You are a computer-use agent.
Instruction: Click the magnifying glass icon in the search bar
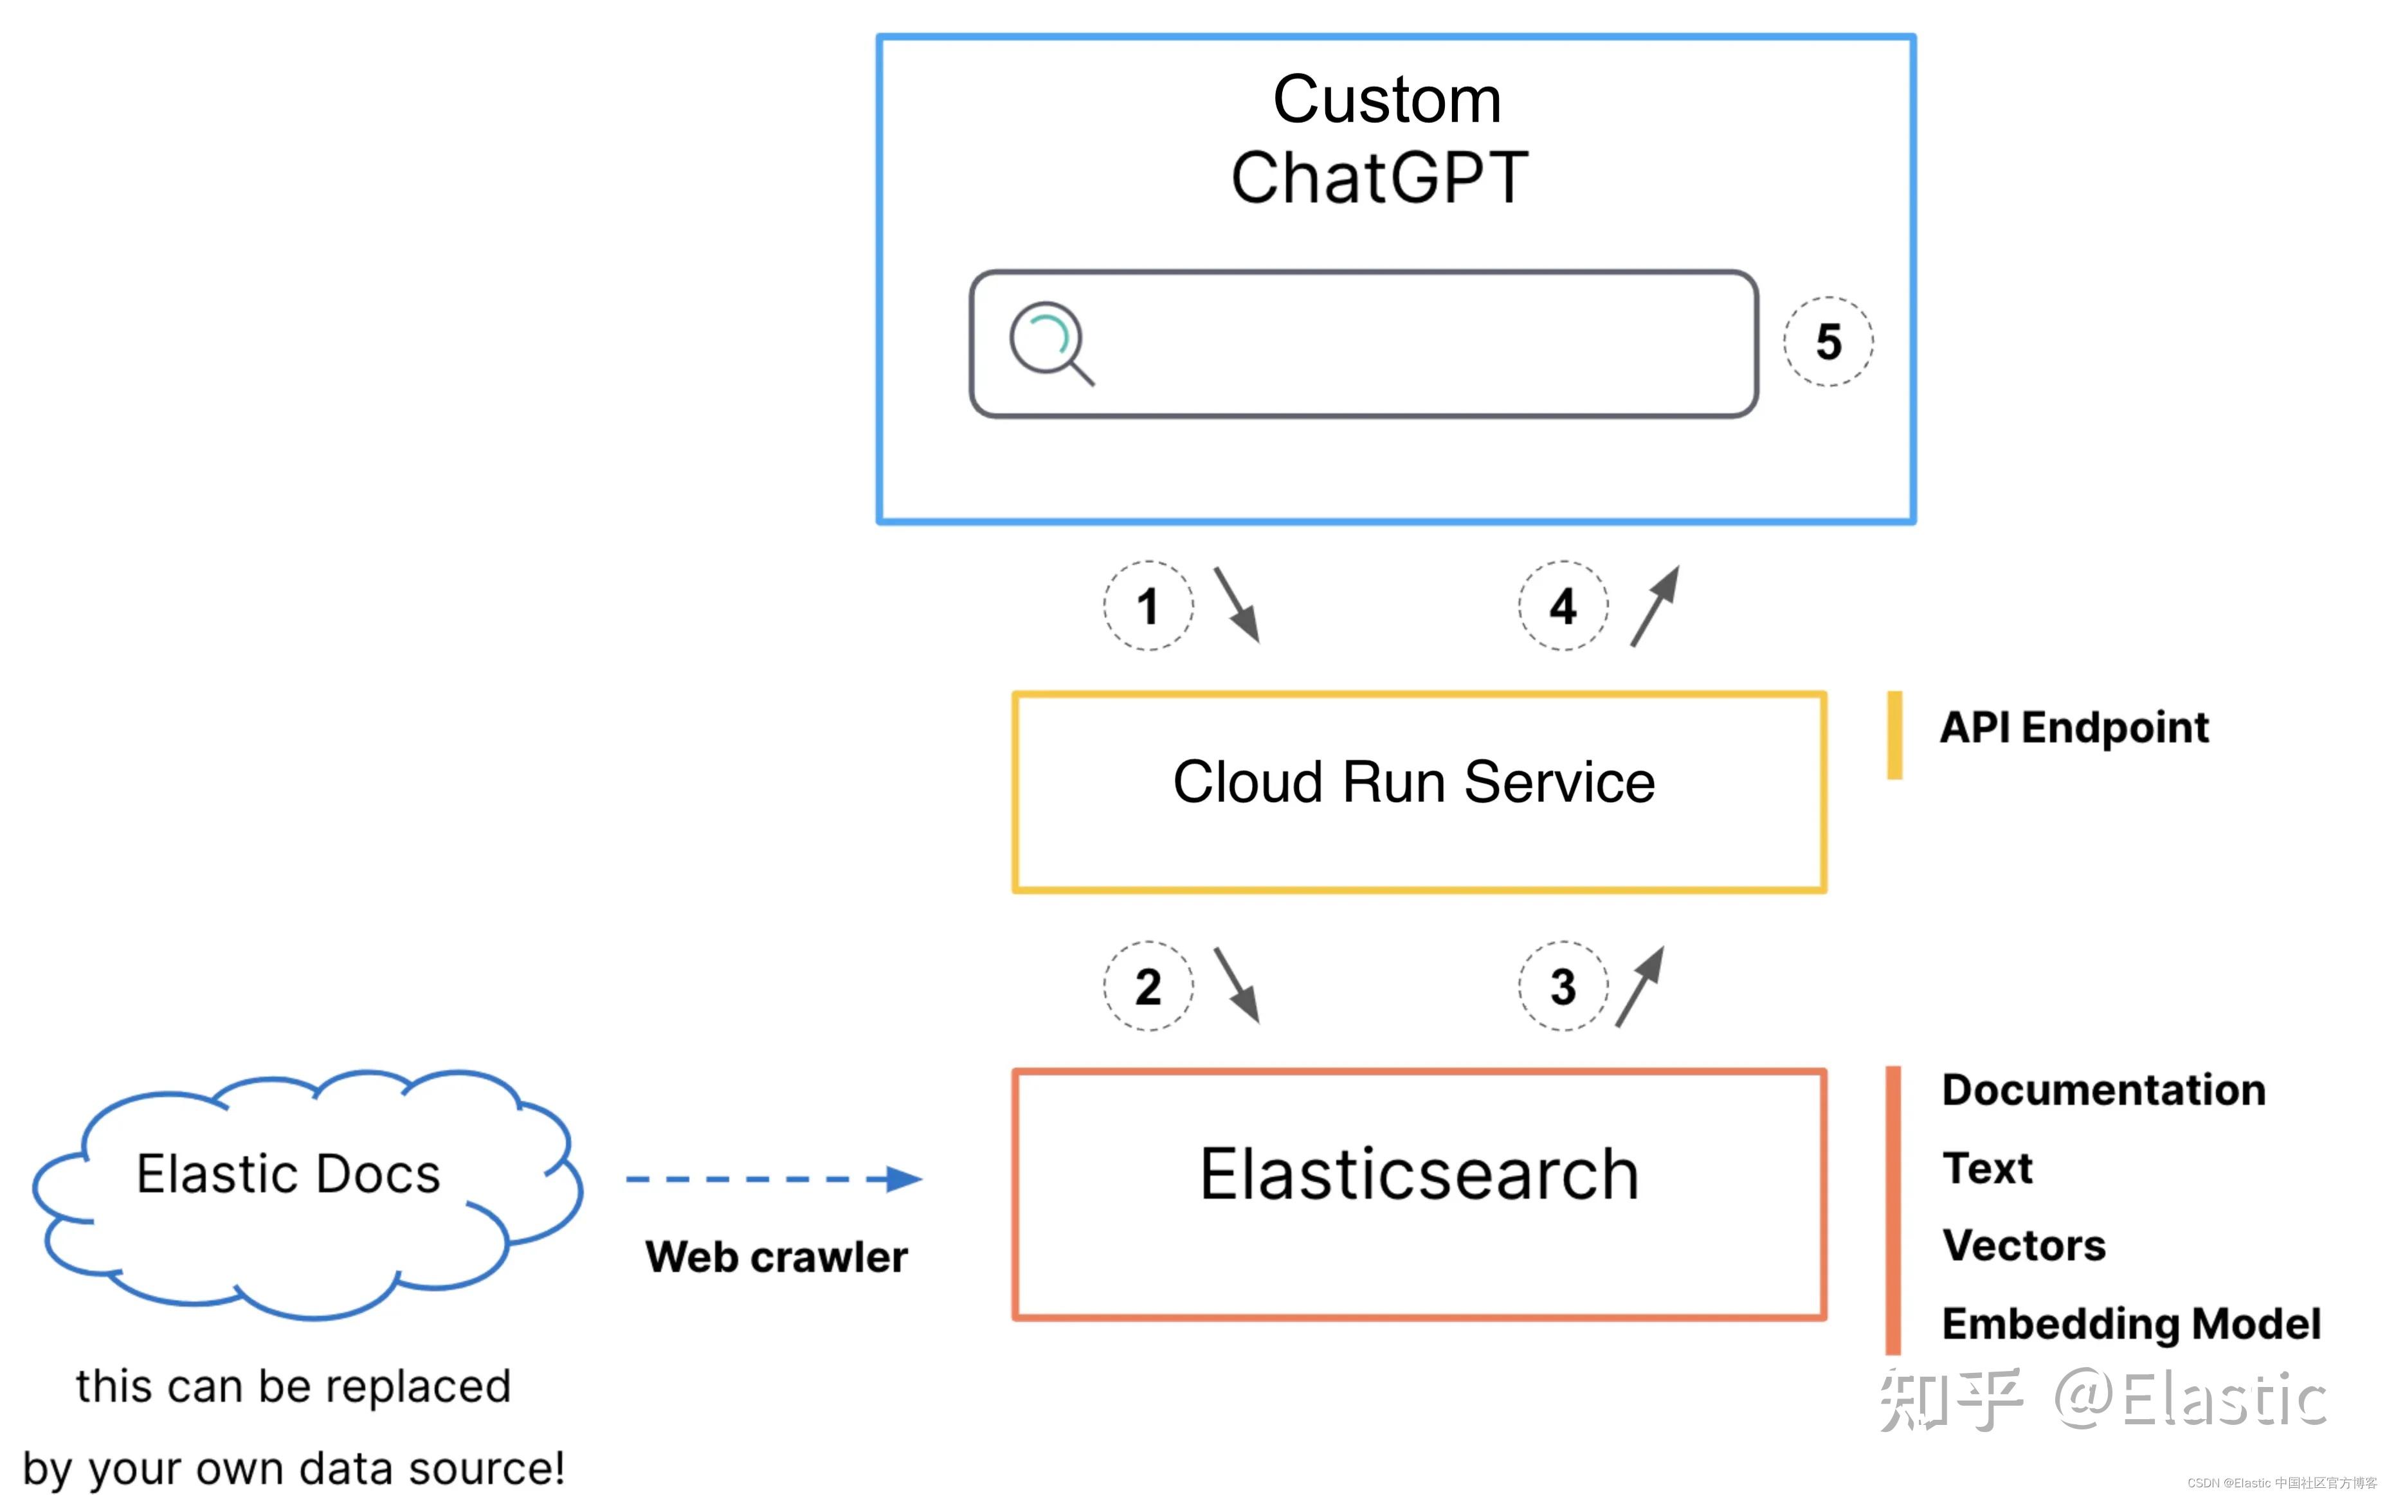click(1049, 342)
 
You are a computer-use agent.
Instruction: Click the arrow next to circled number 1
click(1237, 604)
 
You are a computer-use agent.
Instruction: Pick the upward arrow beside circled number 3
click(1640, 986)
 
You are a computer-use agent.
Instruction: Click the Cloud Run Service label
click(1413, 782)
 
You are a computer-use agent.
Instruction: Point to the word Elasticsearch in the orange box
click(1419, 1175)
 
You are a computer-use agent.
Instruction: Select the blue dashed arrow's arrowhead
click(902, 1179)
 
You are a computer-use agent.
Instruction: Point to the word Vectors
click(2023, 1246)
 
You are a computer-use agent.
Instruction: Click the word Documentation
click(2103, 1089)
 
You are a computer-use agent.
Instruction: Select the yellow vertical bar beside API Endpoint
click(1894, 735)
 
